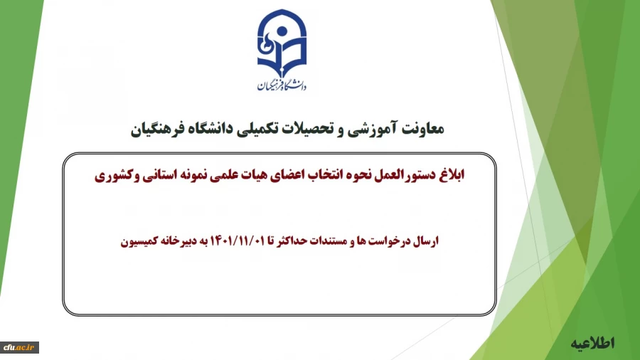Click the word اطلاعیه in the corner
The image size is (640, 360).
[592, 343]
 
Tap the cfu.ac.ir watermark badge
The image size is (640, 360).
[20, 347]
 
